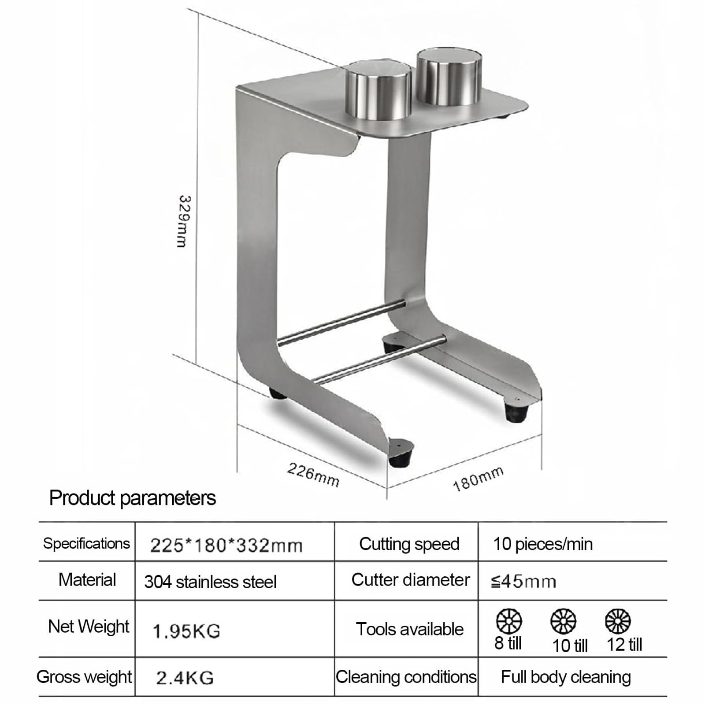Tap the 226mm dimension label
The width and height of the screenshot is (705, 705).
313,475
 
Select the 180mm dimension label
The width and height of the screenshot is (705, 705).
479,479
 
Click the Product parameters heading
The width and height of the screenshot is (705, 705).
132,498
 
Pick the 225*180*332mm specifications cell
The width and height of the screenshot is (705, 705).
226,545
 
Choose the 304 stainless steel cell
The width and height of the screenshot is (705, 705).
210,582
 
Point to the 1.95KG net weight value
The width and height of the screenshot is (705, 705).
186,631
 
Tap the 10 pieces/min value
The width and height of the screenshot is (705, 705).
543,544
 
